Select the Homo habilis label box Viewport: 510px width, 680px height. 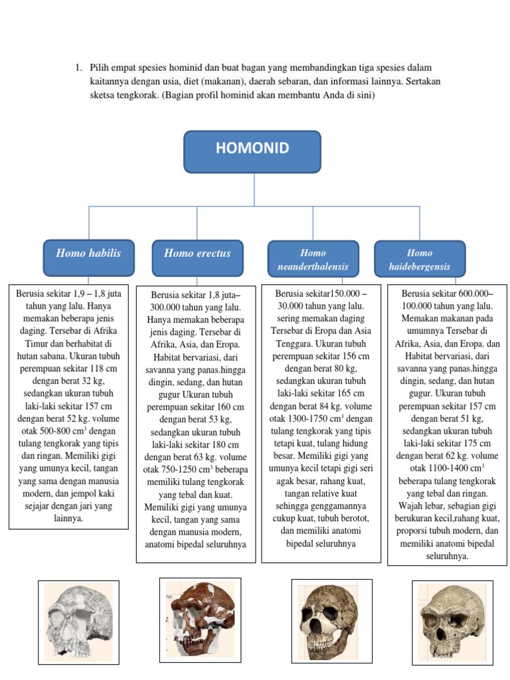(x=88, y=258)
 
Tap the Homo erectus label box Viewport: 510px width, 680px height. (x=197, y=258)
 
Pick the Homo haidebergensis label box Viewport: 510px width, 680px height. (x=420, y=259)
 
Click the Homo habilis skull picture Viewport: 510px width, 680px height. (x=78, y=622)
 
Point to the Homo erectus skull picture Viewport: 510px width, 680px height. (x=199, y=619)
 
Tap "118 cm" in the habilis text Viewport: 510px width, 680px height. (x=102, y=369)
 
